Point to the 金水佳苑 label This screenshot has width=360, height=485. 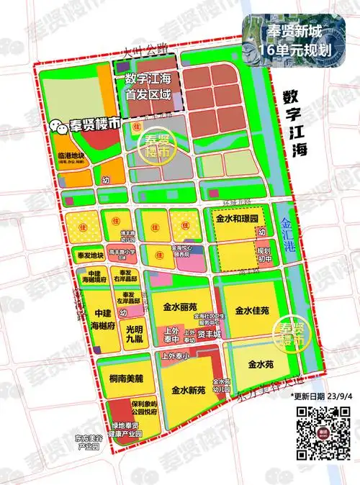[252, 311]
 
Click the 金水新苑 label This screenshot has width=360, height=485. [189, 391]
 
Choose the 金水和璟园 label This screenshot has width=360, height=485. [237, 216]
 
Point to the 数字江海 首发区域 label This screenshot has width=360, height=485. [148, 86]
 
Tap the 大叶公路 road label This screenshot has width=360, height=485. [144, 51]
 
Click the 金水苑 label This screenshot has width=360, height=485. [261, 364]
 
